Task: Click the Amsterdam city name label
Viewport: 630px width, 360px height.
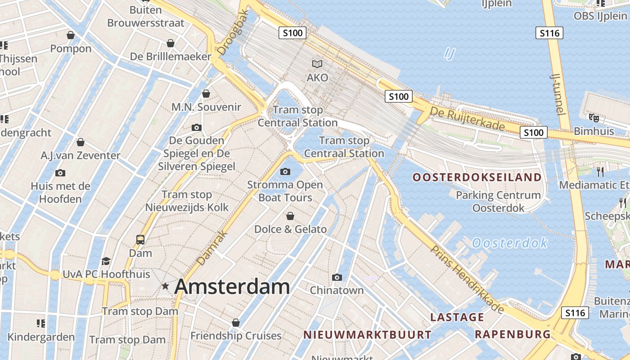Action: pyautogui.click(x=232, y=287)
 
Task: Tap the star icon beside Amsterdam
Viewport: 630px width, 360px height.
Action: pyautogui.click(x=166, y=286)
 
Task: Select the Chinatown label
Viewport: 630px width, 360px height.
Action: pyautogui.click(x=337, y=290)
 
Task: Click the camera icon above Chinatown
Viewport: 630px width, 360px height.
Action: pyautogui.click(x=337, y=277)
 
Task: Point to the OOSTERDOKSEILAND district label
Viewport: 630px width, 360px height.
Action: pyautogui.click(x=477, y=177)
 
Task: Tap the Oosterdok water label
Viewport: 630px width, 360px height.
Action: pyautogui.click(x=509, y=243)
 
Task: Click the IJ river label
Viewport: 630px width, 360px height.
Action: pyautogui.click(x=450, y=54)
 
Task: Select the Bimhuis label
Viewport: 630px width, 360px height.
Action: pyautogui.click(x=594, y=131)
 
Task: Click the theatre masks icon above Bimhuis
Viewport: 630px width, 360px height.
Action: pyautogui.click(x=594, y=118)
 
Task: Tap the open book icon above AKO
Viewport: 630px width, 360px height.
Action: pyautogui.click(x=317, y=64)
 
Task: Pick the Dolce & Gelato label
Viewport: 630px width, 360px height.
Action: pyautogui.click(x=290, y=229)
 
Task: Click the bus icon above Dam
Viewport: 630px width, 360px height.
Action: pyautogui.click(x=140, y=240)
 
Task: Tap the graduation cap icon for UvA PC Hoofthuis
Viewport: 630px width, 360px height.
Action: pyautogui.click(x=106, y=261)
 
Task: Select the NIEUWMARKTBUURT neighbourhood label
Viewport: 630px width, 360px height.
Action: pyautogui.click(x=367, y=335)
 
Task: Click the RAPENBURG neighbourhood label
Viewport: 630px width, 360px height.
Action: pyautogui.click(x=513, y=334)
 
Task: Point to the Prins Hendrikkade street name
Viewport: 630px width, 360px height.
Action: pyautogui.click(x=468, y=279)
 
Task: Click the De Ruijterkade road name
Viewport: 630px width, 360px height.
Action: pyautogui.click(x=467, y=119)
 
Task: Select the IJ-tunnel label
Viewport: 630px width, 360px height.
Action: pyautogui.click(x=558, y=94)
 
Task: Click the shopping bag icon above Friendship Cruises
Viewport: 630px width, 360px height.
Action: pyautogui.click(x=236, y=323)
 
